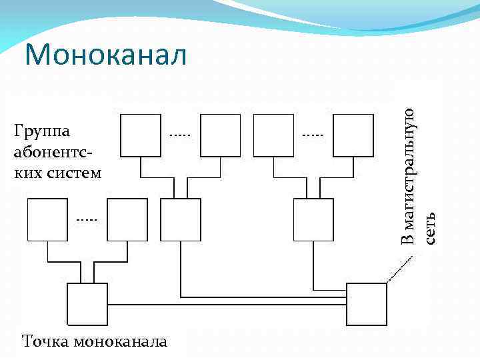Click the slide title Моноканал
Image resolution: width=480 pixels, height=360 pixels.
(x=106, y=55)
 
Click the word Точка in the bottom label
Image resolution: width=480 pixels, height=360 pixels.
(x=45, y=342)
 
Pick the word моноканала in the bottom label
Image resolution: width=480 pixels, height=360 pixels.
(x=120, y=342)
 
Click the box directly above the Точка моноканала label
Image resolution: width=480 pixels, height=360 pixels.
(x=87, y=303)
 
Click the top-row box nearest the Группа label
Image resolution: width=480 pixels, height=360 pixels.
(x=141, y=135)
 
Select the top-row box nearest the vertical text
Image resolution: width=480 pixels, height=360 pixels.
(x=354, y=135)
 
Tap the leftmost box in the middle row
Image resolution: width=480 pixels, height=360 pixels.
(x=47, y=219)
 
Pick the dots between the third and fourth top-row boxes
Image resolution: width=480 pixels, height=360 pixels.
(x=312, y=135)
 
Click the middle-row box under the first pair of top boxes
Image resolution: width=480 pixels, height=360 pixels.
(x=181, y=219)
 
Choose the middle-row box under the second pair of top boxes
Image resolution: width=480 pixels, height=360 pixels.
(x=314, y=219)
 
